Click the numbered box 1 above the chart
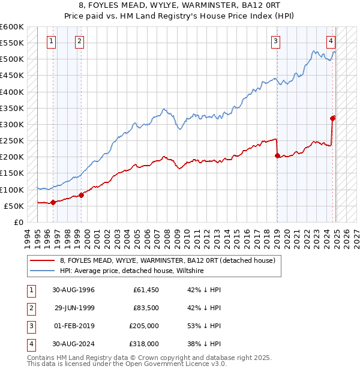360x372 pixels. click(x=51, y=41)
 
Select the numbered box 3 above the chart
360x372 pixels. click(x=275, y=41)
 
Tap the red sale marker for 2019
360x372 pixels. click(x=277, y=155)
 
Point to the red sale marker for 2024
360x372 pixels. click(x=333, y=118)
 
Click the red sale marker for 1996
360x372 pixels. click(x=53, y=202)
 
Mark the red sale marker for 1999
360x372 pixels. click(x=81, y=195)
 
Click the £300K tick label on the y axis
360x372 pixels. click(x=11, y=124)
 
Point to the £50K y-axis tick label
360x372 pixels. click(x=13, y=206)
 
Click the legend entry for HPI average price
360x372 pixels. click(x=132, y=271)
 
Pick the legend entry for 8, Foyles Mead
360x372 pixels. click(x=167, y=260)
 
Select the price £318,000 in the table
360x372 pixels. click(x=145, y=344)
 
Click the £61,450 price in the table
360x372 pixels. click(x=145, y=290)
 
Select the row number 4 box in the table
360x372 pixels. click(x=31, y=344)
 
